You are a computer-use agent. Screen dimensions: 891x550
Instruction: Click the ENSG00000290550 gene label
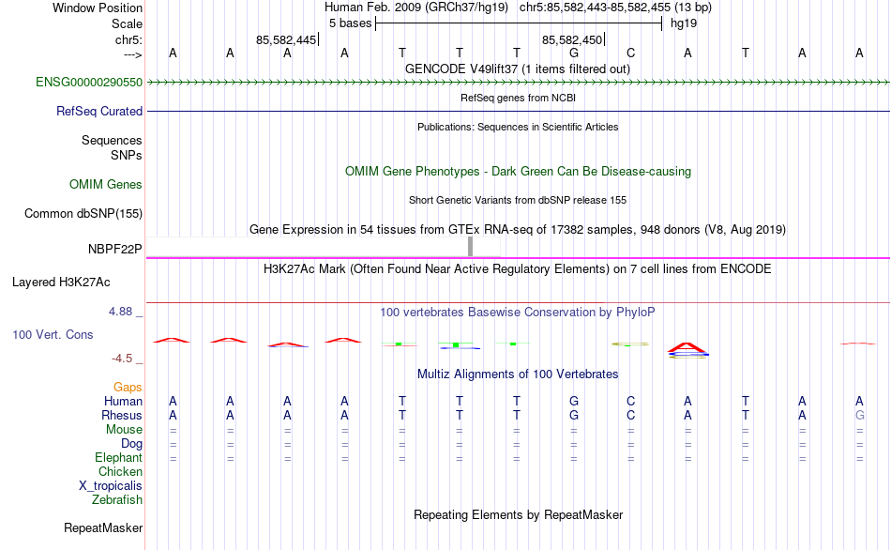89,82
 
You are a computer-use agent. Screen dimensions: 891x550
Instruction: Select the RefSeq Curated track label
98,112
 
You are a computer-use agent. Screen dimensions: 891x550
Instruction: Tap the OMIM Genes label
105,184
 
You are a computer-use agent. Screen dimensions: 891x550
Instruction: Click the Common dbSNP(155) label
83,213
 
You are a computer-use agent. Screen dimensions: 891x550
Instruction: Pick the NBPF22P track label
114,249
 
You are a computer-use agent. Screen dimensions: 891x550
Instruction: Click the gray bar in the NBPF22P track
470,247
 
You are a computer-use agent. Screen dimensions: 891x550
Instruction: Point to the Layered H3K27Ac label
61,283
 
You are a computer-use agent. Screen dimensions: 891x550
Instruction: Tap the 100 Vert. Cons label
53,334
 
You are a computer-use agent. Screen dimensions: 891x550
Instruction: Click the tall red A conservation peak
687,347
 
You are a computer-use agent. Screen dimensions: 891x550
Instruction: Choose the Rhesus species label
122,415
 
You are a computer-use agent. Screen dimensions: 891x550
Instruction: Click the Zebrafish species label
117,500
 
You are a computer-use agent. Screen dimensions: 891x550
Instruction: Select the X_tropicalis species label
111,486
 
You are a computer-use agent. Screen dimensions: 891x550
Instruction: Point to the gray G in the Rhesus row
859,415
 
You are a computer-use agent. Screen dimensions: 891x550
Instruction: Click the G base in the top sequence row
574,53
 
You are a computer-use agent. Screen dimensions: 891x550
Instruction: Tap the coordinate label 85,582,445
286,39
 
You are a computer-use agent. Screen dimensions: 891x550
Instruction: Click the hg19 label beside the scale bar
684,23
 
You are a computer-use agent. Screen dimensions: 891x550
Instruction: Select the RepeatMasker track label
103,527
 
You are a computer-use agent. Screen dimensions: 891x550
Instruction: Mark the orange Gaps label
128,388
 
